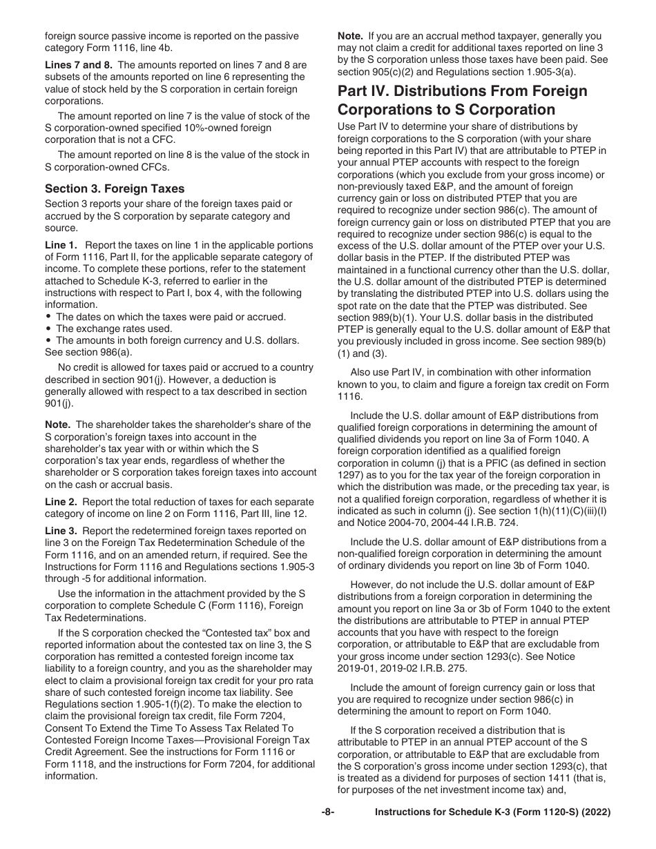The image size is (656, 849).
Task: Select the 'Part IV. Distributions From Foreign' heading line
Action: pyautogui.click(x=462, y=91)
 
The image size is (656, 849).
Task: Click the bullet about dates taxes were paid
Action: pyautogui.click(x=161, y=317)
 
